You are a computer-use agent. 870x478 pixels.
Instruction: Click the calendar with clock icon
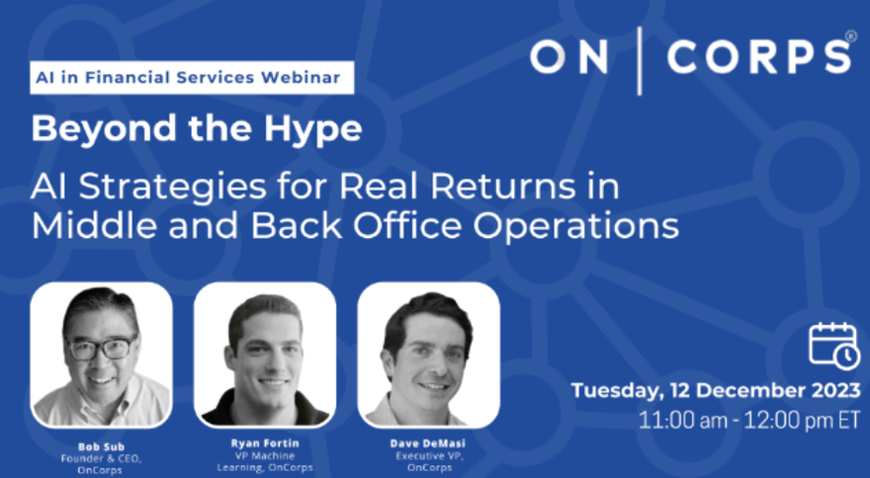click(x=834, y=346)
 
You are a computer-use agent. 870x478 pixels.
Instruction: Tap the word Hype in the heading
click(x=313, y=130)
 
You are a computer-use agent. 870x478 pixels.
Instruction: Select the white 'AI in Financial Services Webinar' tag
click(x=192, y=77)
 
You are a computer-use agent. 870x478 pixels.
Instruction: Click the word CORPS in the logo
click(x=758, y=57)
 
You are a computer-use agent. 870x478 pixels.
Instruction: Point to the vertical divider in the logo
click(x=640, y=60)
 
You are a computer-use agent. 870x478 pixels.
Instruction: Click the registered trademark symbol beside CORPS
click(x=851, y=36)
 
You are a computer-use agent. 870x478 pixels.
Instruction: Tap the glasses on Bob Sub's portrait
click(x=102, y=348)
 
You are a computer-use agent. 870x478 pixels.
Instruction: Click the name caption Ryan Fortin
click(x=265, y=443)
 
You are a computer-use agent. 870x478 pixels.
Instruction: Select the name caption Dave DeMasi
click(x=428, y=443)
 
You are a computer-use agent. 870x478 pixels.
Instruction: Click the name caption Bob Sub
click(x=101, y=446)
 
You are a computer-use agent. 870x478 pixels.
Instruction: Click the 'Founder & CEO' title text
click(x=101, y=458)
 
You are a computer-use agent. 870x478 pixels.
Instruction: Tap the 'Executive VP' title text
click(x=429, y=456)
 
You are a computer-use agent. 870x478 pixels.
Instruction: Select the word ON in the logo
click(x=568, y=57)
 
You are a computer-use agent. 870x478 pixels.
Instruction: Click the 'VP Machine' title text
click(x=265, y=456)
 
